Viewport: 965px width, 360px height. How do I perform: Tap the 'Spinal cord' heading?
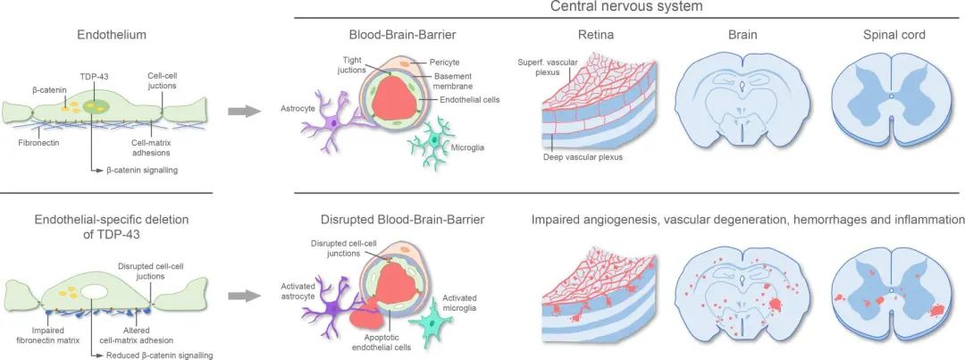(894, 37)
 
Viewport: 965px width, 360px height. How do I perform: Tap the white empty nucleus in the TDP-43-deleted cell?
(95, 289)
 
